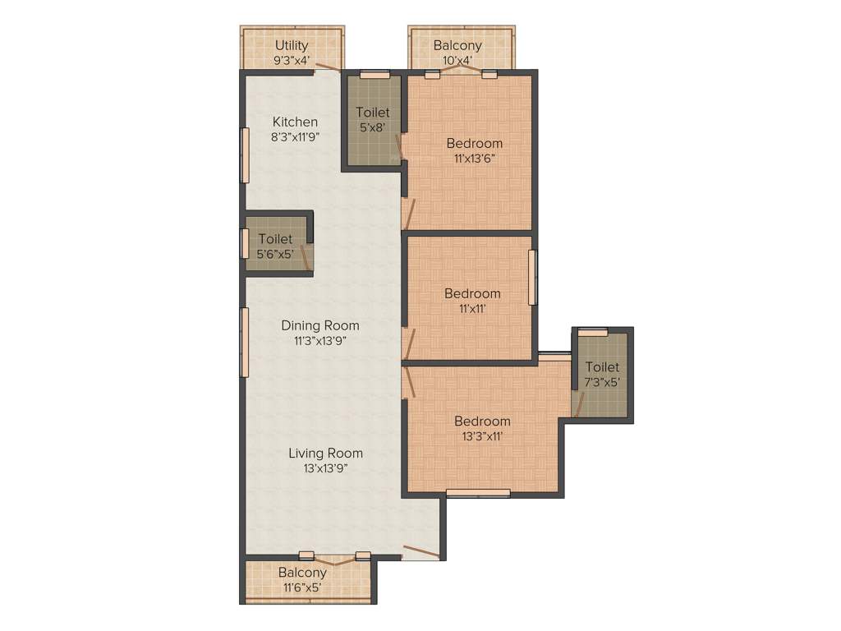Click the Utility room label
(292, 45)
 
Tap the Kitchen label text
(295, 122)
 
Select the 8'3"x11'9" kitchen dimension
(295, 137)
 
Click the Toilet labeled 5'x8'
(372, 113)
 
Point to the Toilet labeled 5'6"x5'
(274, 239)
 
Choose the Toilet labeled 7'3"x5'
(602, 367)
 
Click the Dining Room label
(319, 325)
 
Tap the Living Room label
(325, 453)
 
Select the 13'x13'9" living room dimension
(325, 468)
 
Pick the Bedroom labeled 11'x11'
(472, 293)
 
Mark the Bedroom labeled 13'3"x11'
(482, 421)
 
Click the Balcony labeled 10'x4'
(457, 45)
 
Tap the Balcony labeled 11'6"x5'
(302, 573)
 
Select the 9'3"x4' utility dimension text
(292, 60)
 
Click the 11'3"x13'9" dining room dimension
(319, 341)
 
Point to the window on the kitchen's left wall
(244, 154)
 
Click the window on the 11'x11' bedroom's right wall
(532, 277)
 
